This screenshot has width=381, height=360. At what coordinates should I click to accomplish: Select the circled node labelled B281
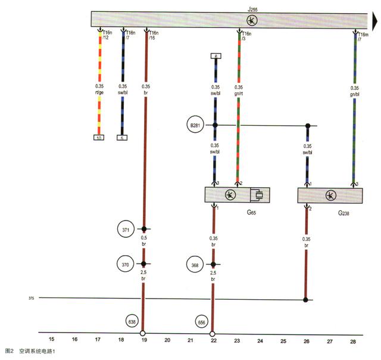pos(195,125)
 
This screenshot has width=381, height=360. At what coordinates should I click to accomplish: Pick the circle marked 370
pos(125,263)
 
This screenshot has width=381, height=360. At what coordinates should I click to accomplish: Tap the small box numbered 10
pos(99,138)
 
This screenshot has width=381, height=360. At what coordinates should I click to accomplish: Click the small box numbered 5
pos(123,138)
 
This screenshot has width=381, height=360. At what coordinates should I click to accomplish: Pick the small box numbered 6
pos(216,56)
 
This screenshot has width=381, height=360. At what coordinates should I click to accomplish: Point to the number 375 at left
pos(32,298)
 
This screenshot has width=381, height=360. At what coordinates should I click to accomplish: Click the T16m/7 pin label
pos(363,37)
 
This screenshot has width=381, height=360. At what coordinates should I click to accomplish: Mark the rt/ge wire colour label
pos(99,92)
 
